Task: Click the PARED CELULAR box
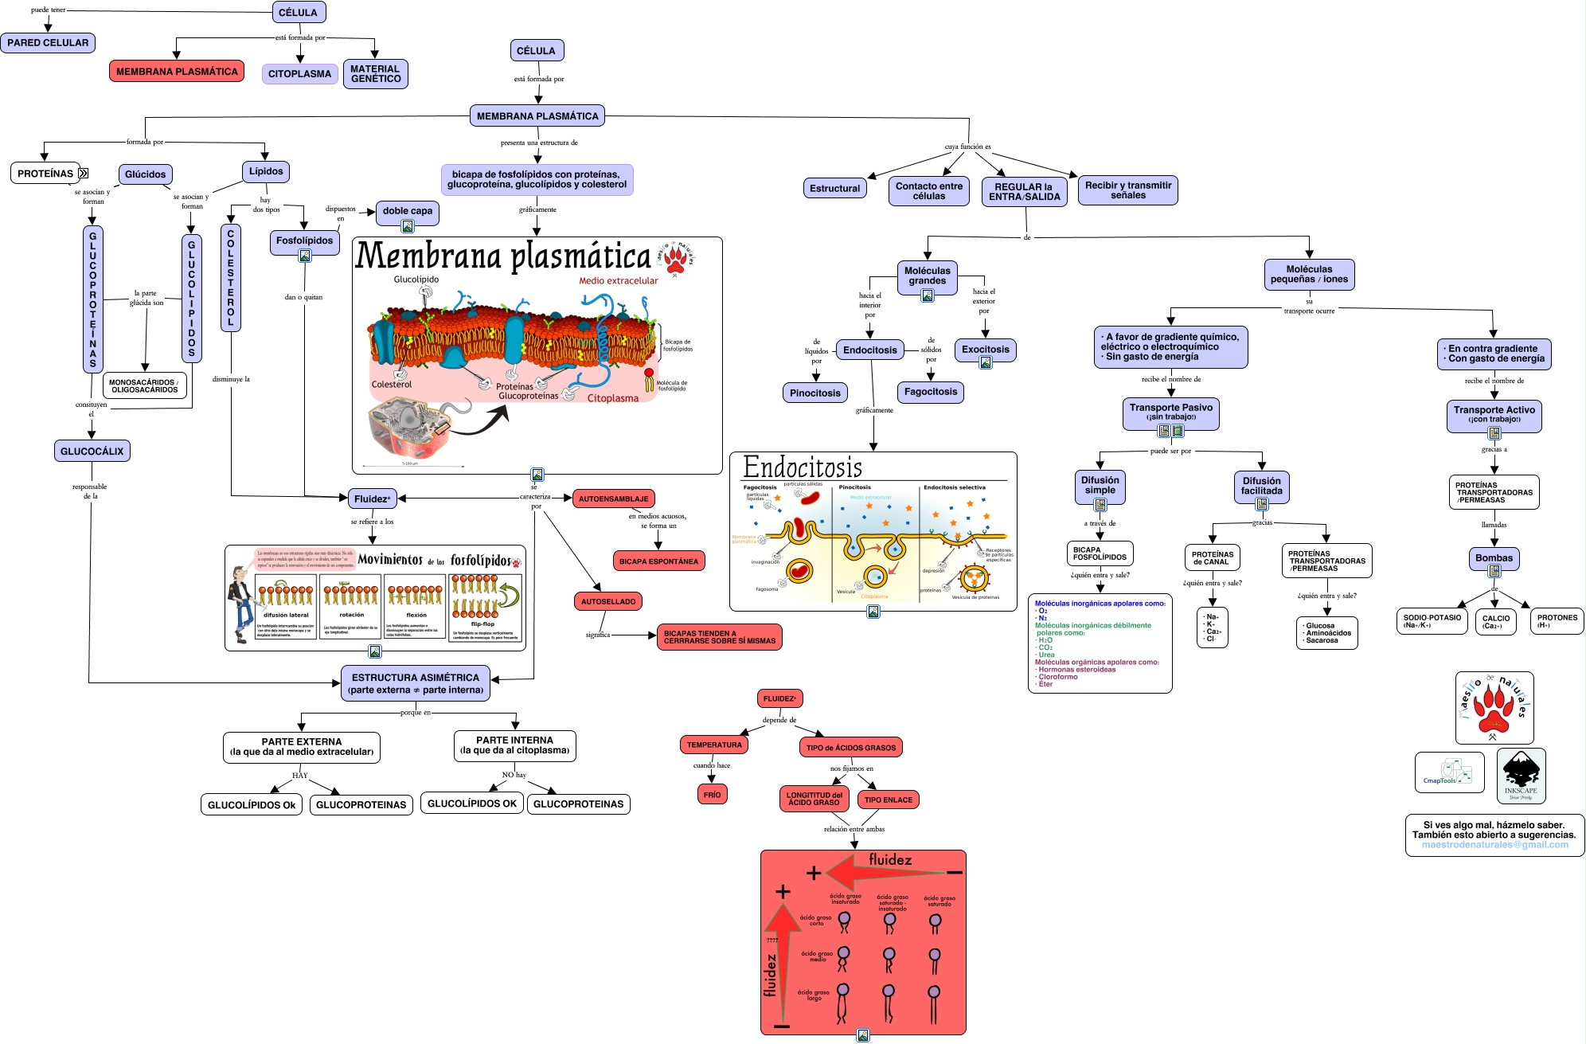[x=48, y=43]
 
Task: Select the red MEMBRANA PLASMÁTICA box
[x=177, y=72]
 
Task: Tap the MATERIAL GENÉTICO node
[x=376, y=74]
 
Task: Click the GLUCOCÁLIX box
[x=92, y=452]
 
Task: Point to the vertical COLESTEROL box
[x=231, y=277]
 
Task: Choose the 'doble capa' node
[x=408, y=211]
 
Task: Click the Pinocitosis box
[x=815, y=393]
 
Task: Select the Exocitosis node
[x=985, y=350]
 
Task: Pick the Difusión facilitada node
[x=1262, y=486]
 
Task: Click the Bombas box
[x=1494, y=558]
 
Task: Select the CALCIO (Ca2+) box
[x=1496, y=621]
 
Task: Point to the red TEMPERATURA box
[x=714, y=745]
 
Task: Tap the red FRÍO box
[x=712, y=795]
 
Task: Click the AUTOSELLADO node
[x=608, y=602]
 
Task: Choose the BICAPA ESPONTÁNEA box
[x=658, y=561]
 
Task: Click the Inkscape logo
[x=1521, y=775]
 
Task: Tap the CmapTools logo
[x=1449, y=772]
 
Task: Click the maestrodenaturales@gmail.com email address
[x=1494, y=845]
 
